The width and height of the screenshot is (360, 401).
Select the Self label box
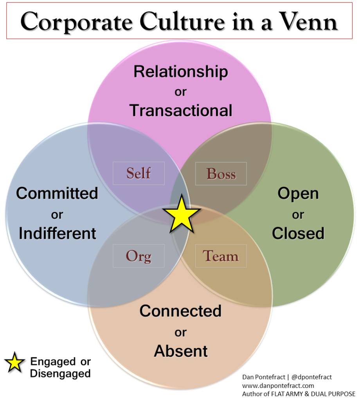[139, 173]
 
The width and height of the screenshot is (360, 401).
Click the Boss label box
[221, 173]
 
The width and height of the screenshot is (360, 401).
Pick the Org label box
[139, 256]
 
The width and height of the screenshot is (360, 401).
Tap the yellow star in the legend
[14, 363]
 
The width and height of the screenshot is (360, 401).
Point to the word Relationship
[180, 72]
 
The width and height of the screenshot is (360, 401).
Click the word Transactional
[181, 111]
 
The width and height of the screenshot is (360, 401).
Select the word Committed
[57, 193]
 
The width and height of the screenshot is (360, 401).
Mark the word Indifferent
[58, 233]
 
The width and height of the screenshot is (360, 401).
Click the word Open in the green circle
[298, 193]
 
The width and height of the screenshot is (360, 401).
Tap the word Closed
[298, 233]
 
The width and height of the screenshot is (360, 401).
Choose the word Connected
[180, 311]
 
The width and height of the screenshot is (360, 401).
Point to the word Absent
[181, 351]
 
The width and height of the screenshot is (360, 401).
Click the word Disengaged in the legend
[60, 374]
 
